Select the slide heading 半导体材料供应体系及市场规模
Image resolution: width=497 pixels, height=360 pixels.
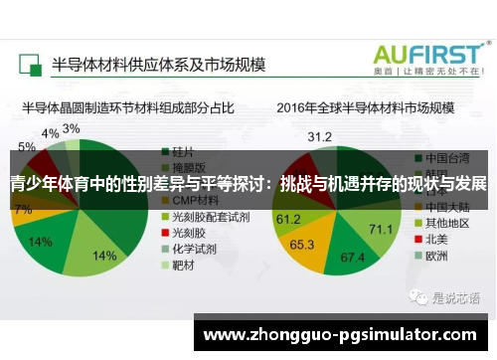click(x=158, y=65)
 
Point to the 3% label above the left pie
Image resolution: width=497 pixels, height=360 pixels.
click(x=72, y=128)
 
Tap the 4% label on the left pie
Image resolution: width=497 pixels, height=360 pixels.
click(x=49, y=133)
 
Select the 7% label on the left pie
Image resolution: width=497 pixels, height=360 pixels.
click(x=22, y=210)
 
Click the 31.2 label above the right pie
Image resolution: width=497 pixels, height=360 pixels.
click(x=319, y=136)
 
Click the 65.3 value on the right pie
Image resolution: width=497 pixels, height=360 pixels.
click(x=302, y=243)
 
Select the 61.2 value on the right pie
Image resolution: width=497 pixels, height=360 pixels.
click(x=289, y=218)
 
